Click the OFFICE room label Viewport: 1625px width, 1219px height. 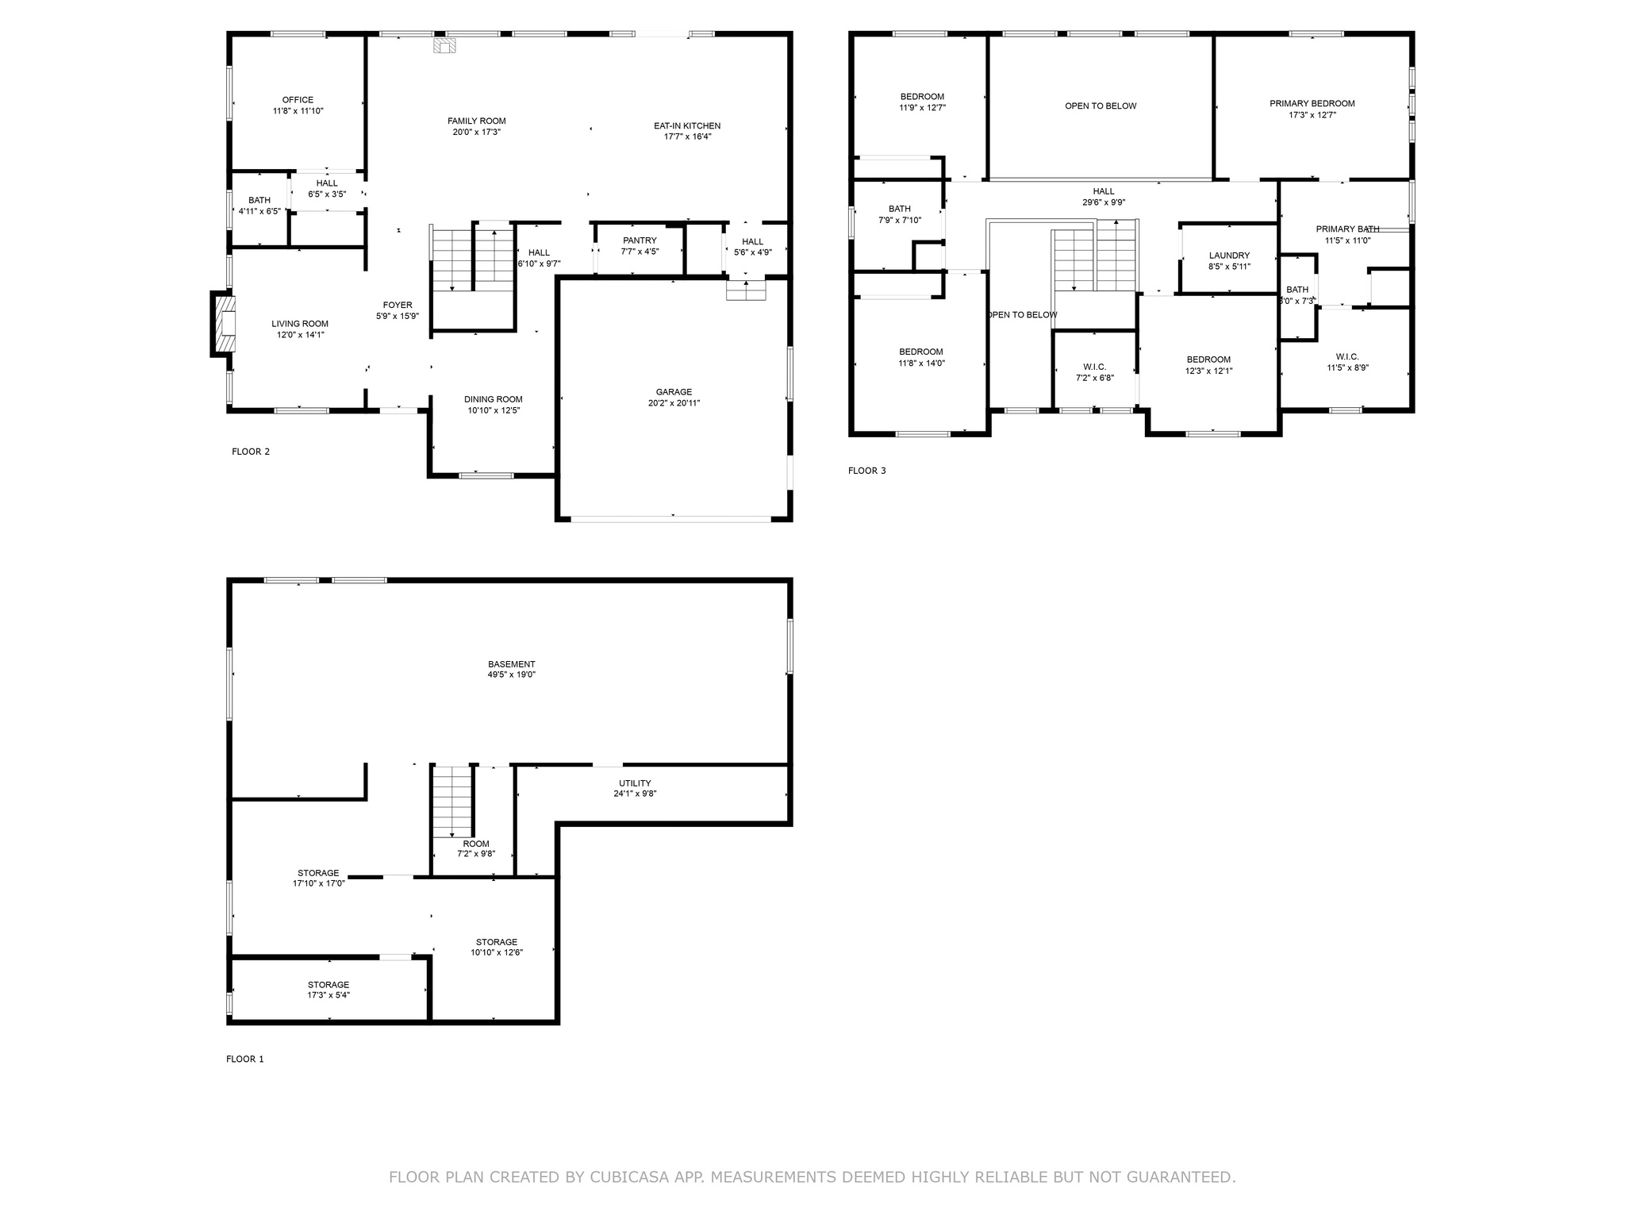point(298,100)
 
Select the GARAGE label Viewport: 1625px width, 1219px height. point(674,392)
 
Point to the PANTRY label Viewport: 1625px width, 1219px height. point(640,240)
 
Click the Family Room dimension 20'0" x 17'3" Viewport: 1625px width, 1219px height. point(476,133)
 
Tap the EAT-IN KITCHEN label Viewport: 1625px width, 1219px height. point(687,126)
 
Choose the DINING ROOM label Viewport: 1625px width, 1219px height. point(493,400)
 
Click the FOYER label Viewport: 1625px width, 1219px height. point(398,306)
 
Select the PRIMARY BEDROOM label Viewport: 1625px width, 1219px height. point(1312,104)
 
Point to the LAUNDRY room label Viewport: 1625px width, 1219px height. point(1229,256)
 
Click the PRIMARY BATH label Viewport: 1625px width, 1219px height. point(1347,229)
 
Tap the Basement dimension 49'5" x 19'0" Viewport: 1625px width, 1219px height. point(511,675)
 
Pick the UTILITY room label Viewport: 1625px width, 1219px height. point(635,783)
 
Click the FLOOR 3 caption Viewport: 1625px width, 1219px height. point(866,471)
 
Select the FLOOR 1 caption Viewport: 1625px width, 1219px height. point(244,1059)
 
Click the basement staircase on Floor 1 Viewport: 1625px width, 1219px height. point(452,801)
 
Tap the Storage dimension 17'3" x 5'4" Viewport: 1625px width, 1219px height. point(328,995)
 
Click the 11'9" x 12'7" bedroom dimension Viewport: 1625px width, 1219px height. point(922,108)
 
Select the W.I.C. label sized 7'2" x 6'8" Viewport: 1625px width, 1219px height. point(1094,367)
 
